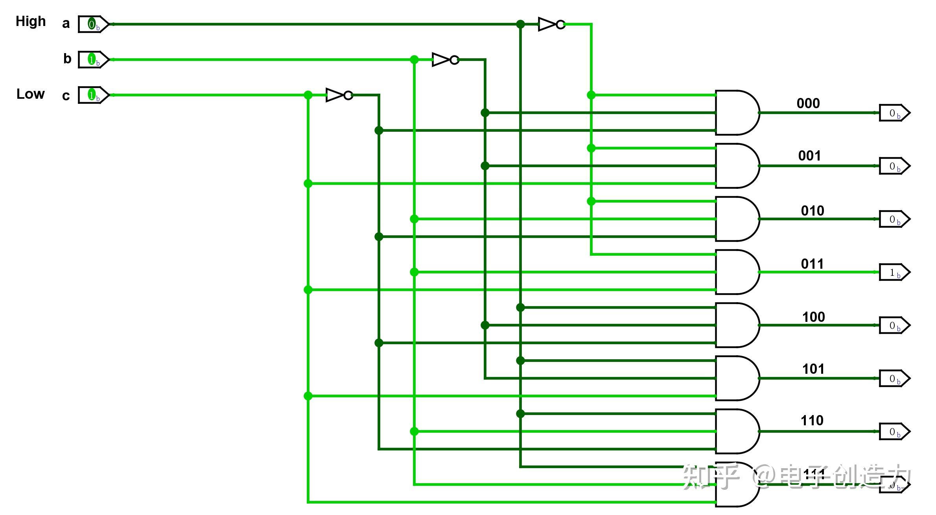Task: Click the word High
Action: click(x=31, y=21)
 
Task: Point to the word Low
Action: click(x=31, y=94)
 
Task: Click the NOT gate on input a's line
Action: click(x=551, y=24)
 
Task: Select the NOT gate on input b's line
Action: click(x=445, y=60)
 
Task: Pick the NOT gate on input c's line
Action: click(x=339, y=95)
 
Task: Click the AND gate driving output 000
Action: click(x=736, y=113)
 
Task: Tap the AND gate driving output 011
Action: click(x=736, y=272)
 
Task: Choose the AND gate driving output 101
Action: click(x=736, y=378)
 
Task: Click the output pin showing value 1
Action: click(x=894, y=272)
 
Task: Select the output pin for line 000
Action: click(x=894, y=113)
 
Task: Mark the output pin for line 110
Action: click(x=894, y=432)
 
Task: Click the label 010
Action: click(x=813, y=211)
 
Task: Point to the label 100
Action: click(x=813, y=317)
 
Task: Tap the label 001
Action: click(x=809, y=156)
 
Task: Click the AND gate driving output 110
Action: click(x=736, y=432)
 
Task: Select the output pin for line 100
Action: click(x=894, y=325)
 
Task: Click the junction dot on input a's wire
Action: click(x=520, y=24)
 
